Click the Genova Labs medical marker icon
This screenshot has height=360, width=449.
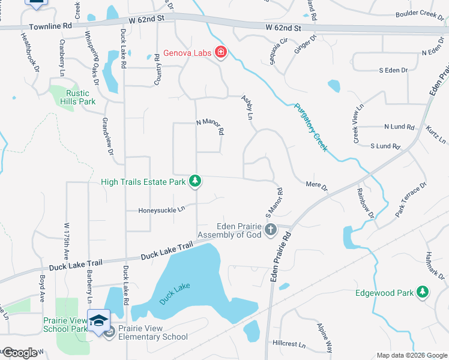[x=221, y=53]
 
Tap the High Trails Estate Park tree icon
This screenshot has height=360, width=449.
[x=194, y=181]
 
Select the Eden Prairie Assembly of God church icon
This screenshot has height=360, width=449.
[x=271, y=229]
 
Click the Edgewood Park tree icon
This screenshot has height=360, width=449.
[x=424, y=292]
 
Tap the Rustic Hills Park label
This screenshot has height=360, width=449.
[x=78, y=97]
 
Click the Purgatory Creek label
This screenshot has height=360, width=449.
[x=310, y=127]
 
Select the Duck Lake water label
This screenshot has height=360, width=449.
[x=175, y=293]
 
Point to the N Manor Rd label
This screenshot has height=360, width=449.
[x=210, y=126]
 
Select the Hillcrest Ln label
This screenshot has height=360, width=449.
[x=289, y=346]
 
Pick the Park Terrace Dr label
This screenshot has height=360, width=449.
[x=411, y=200]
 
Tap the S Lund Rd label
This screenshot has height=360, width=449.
[x=385, y=146]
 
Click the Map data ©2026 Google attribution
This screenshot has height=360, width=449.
[x=412, y=355]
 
